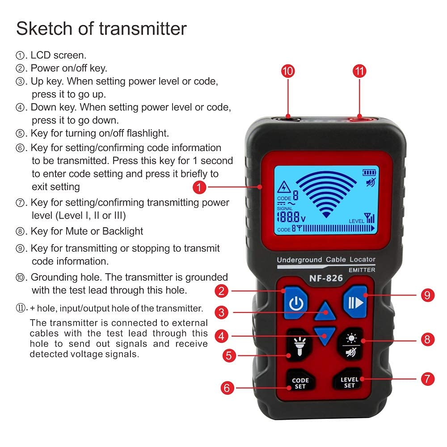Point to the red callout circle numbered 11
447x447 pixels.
pyautogui.click(x=359, y=71)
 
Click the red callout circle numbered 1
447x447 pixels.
pyautogui.click(x=199, y=187)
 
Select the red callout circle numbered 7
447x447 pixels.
pyautogui.click(x=428, y=379)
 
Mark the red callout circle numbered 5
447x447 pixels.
pyautogui.click(x=229, y=355)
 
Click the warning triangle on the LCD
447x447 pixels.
pyautogui.click(x=283, y=188)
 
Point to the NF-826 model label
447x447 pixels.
pyautogui.click(x=326, y=278)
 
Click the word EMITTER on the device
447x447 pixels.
pyautogui.click(x=362, y=270)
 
